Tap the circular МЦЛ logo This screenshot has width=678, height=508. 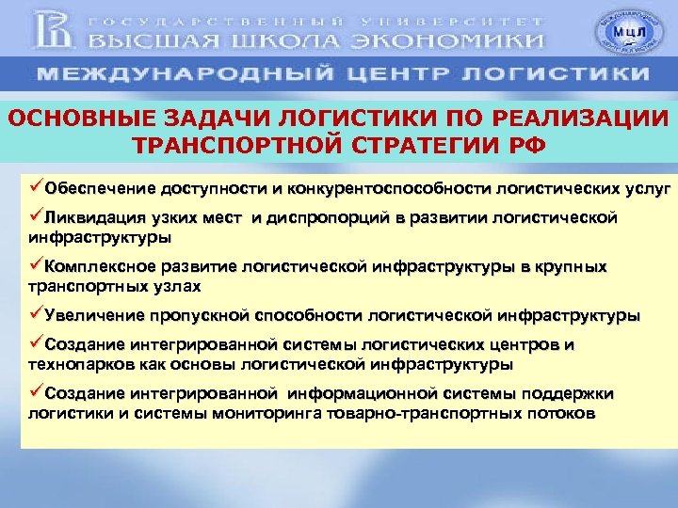623,33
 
